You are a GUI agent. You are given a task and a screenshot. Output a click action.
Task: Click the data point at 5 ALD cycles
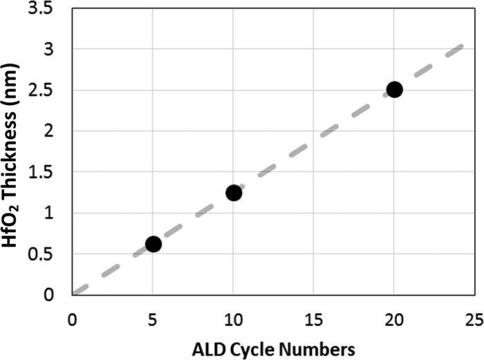pos(153,244)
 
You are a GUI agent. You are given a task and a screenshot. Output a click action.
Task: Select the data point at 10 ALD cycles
pos(234,193)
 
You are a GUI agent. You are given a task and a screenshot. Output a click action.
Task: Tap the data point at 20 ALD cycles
pos(395,89)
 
